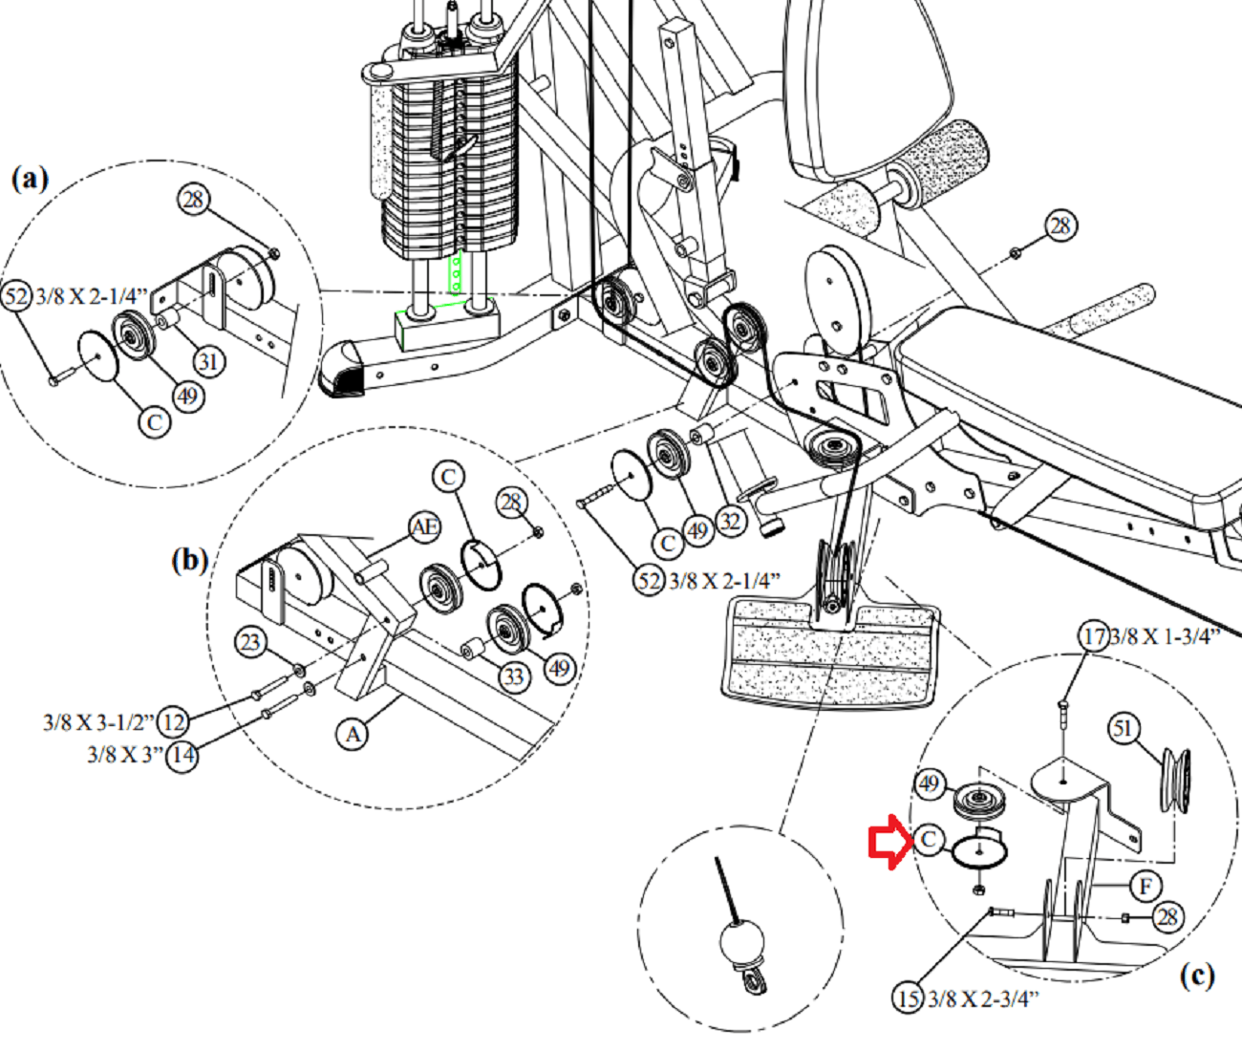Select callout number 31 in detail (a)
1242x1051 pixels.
[x=209, y=361]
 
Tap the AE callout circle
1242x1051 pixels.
[x=425, y=526]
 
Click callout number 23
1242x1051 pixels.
[x=250, y=641]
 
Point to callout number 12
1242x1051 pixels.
[x=174, y=720]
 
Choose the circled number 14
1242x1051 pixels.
[x=182, y=756]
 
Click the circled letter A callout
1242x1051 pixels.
[x=353, y=734]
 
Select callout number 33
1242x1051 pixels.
[x=514, y=676]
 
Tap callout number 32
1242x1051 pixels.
[x=731, y=521]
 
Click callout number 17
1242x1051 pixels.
[x=1094, y=635]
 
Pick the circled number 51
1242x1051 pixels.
[x=1123, y=729]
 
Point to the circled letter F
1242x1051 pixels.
[x=1145, y=886]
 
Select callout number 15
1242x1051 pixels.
[x=908, y=998]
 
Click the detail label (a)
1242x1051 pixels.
[x=29, y=179]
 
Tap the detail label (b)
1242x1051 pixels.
[x=189, y=560]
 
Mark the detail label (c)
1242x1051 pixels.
[x=1196, y=975]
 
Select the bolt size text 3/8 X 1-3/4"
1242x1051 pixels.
[x=1165, y=636]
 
